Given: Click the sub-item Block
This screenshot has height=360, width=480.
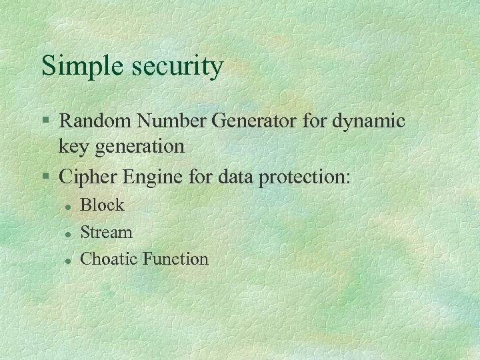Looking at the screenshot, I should click(102, 205).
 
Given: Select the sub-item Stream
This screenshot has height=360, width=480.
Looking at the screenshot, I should click(106, 232).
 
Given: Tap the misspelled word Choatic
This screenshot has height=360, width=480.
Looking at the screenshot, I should click(109, 259).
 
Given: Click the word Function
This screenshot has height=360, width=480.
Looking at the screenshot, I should click(175, 259).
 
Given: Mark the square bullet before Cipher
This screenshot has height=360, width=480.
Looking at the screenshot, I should click(45, 177).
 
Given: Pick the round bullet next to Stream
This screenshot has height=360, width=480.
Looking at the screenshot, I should click(68, 233).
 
